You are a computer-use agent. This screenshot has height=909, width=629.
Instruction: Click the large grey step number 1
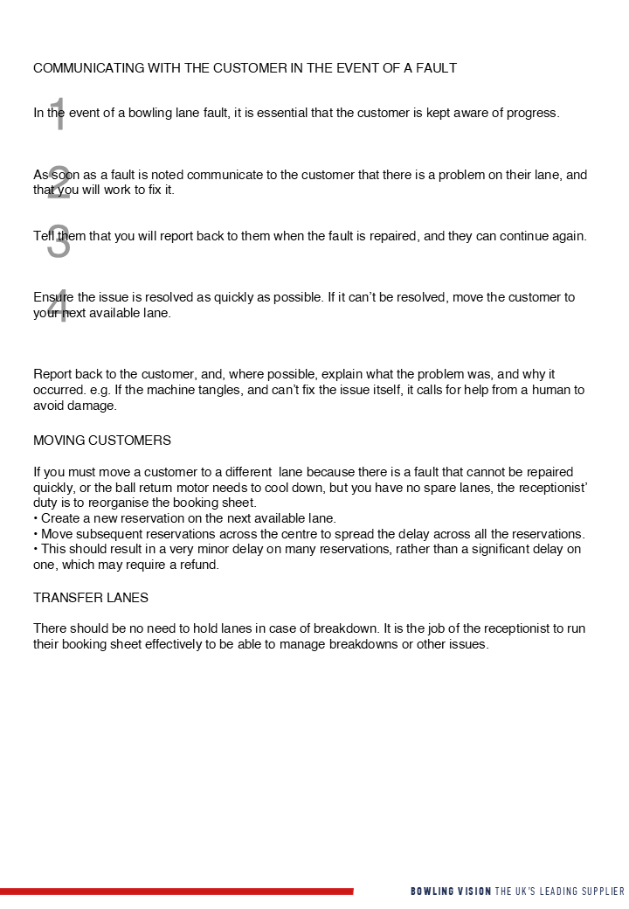[x=59, y=114]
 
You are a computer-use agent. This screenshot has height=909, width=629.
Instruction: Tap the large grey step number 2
[x=59, y=183]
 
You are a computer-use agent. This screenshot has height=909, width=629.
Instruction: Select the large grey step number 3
[x=59, y=242]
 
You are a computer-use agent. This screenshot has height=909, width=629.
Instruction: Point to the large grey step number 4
[x=59, y=306]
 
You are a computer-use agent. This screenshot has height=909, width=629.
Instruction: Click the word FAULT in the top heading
[x=434, y=68]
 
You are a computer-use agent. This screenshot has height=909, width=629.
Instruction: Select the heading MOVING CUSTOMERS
[x=102, y=440]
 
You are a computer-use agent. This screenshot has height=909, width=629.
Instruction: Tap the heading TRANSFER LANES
[x=91, y=598]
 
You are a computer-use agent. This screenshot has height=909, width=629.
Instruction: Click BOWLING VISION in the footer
[x=451, y=892]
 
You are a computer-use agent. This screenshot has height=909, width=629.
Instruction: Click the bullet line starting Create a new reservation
[x=185, y=518]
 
